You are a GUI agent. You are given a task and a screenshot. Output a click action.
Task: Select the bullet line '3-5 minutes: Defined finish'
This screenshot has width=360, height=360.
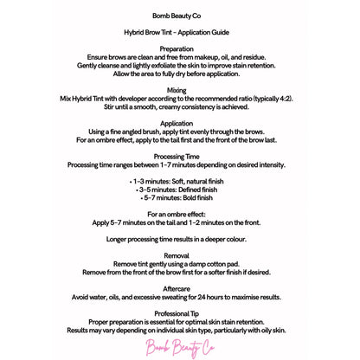[180, 190]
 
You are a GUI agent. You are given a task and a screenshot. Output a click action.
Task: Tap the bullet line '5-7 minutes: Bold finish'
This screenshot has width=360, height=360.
[180, 197]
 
